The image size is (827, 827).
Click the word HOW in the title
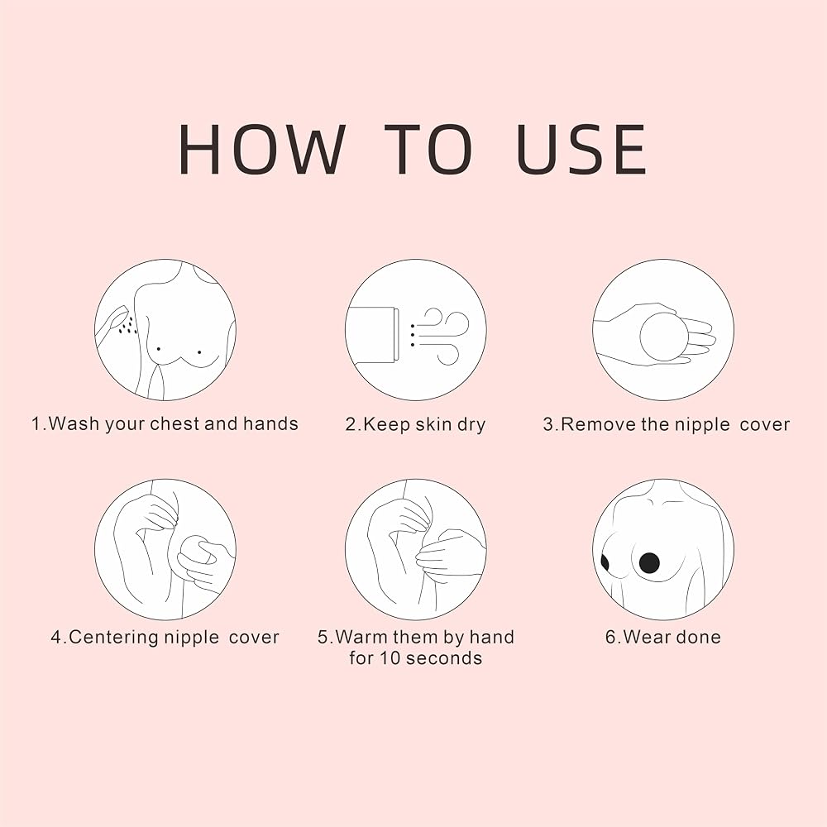[262, 149]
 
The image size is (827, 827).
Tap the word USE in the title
[581, 149]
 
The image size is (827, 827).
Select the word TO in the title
[428, 149]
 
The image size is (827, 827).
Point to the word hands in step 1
[270, 424]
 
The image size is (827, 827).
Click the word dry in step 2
[471, 425]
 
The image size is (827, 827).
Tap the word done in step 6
[698, 637]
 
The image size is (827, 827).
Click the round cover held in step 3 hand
[664, 337]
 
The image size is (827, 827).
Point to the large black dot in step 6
[649, 563]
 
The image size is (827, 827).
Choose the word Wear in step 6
[647, 637]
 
